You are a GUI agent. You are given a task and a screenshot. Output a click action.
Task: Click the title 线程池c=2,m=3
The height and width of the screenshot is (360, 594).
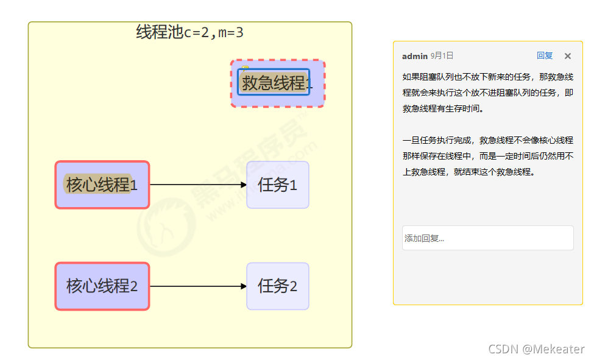click(x=190, y=32)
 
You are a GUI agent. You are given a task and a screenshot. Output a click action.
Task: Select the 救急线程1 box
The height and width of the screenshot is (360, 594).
click(x=277, y=83)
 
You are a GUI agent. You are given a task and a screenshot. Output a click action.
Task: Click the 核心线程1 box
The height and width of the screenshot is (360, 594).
click(x=102, y=185)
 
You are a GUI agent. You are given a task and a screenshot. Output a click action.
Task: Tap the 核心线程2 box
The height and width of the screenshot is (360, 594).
click(x=102, y=286)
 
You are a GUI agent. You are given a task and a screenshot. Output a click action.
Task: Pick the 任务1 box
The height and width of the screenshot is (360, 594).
click(x=278, y=185)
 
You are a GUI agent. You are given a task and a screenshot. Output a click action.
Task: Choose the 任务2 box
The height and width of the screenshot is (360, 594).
click(x=278, y=286)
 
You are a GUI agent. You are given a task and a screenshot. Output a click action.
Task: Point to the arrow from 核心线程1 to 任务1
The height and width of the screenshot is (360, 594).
click(x=195, y=184)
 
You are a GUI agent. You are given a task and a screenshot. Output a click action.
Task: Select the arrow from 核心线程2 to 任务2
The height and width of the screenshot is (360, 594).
click(x=195, y=286)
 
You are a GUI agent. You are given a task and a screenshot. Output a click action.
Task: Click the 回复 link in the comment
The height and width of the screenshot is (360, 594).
click(x=545, y=55)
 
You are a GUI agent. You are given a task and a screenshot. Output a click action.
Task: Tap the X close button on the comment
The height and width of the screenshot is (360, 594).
click(x=568, y=56)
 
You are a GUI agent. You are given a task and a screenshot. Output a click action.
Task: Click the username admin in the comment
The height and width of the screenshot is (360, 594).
click(x=414, y=56)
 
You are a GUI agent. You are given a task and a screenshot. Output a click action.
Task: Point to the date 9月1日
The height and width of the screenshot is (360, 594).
click(x=442, y=56)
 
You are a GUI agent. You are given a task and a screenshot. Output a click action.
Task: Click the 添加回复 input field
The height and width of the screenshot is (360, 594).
click(x=487, y=238)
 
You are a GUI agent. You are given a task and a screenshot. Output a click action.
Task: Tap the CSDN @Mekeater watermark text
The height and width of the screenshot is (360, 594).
click(x=536, y=349)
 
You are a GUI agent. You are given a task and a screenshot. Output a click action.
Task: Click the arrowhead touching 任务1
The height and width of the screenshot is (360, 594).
click(x=243, y=184)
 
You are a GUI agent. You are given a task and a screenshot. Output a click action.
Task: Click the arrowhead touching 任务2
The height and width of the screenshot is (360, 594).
click(x=243, y=286)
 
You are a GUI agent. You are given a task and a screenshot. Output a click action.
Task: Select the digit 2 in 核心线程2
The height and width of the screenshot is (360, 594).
click(x=134, y=286)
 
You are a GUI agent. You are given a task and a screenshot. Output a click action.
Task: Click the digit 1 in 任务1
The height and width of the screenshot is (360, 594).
click(x=293, y=185)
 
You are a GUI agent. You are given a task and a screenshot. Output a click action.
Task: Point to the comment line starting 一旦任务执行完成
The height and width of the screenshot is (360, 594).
click(x=487, y=140)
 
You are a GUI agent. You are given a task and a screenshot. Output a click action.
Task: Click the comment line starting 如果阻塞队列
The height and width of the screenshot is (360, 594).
click(x=487, y=77)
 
